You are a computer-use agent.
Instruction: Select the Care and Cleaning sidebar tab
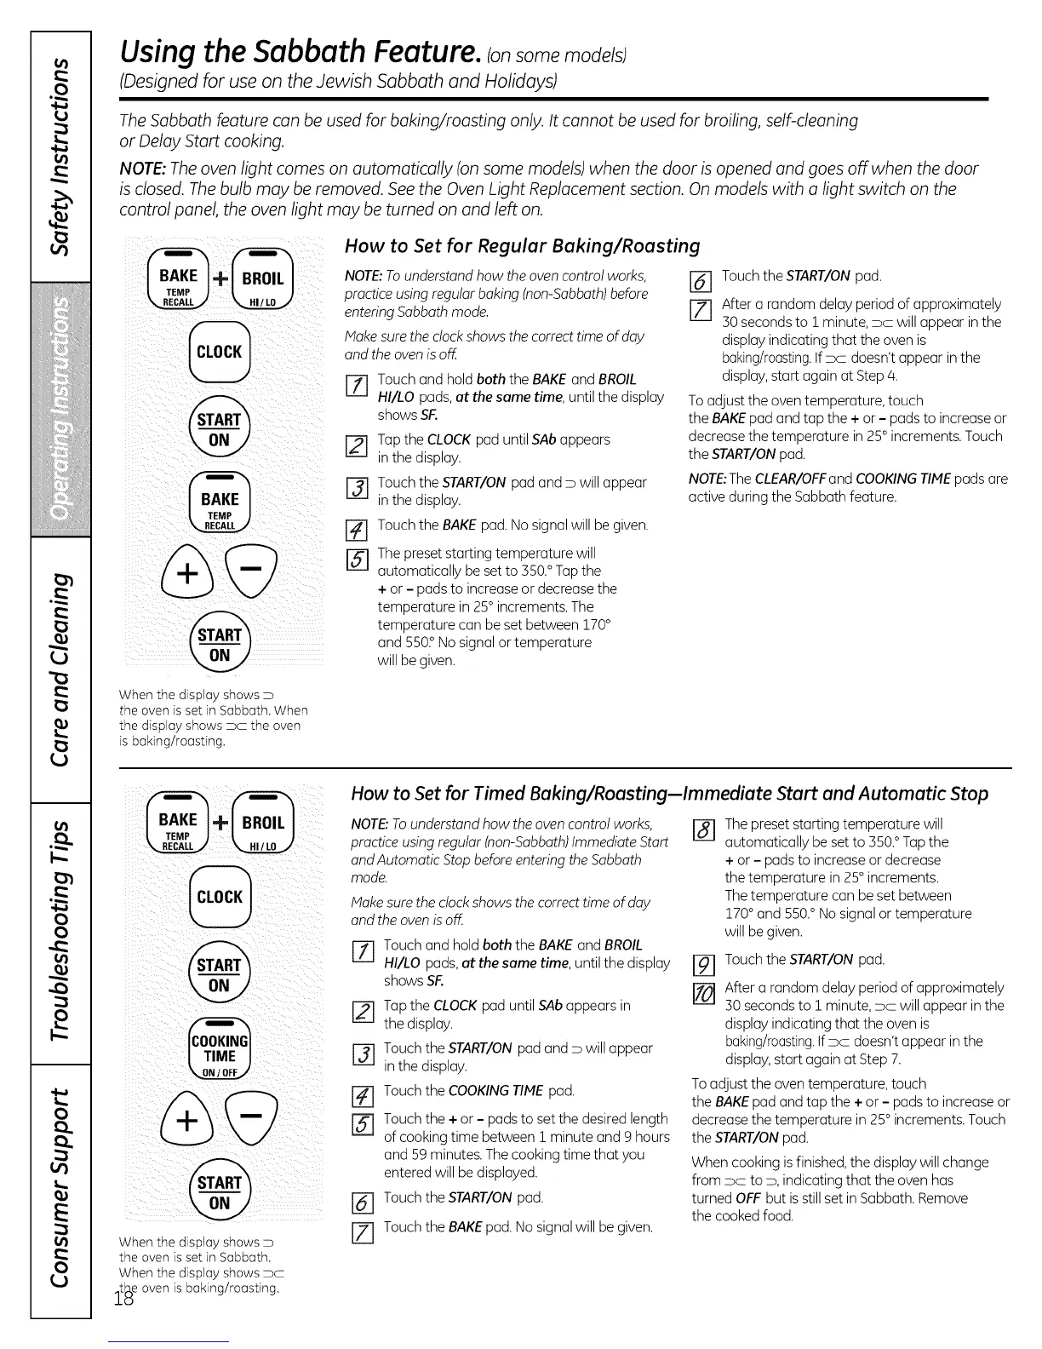[60, 669]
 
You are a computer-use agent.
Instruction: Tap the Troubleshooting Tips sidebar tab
[60, 932]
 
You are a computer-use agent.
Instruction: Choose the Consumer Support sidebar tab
[60, 1189]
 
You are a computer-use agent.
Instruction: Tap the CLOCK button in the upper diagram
[219, 352]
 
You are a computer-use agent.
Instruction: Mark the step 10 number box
[704, 993]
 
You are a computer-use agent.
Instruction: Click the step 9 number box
[704, 965]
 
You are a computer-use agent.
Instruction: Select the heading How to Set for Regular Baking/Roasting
[522, 246]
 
